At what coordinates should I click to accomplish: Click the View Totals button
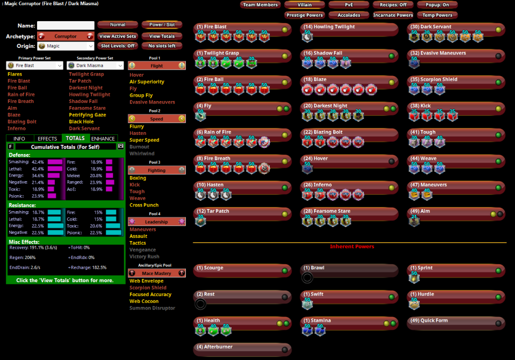162,37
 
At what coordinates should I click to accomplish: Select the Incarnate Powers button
393,15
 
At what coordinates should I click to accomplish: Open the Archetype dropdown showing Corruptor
65,37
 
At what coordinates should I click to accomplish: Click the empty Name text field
65,25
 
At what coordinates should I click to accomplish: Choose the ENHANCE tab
103,139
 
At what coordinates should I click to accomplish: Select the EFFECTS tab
47,139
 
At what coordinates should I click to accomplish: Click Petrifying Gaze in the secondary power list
88,115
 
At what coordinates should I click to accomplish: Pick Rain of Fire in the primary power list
21,95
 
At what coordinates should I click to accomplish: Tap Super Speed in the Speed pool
144,140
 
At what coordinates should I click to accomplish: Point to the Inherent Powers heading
352,247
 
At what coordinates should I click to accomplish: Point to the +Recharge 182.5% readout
88,267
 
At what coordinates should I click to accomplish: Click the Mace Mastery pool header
157,273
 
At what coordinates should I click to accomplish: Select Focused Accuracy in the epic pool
150,295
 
